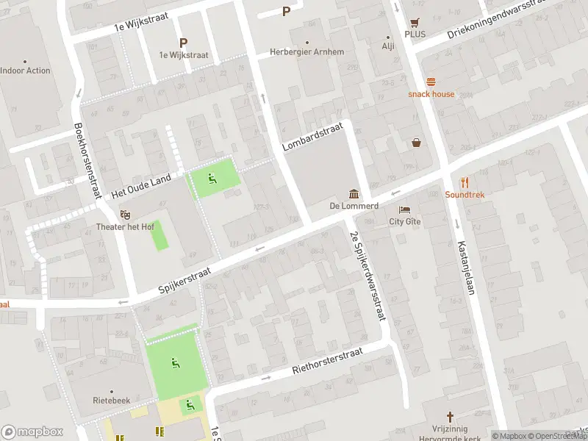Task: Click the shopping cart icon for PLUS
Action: pyautogui.click(x=416, y=23)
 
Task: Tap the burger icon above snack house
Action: pyautogui.click(x=431, y=82)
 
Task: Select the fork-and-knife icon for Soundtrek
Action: pyautogui.click(x=465, y=182)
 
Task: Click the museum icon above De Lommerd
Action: pyautogui.click(x=354, y=194)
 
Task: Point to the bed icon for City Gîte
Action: pyautogui.click(x=405, y=209)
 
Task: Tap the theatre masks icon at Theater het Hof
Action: pyautogui.click(x=126, y=215)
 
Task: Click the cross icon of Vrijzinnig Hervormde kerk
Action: pyautogui.click(x=451, y=417)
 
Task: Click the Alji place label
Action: pyautogui.click(x=388, y=46)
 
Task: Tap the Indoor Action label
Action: pyautogui.click(x=25, y=71)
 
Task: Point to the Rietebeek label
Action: pyautogui.click(x=112, y=401)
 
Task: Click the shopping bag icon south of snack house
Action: pyautogui.click(x=417, y=143)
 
